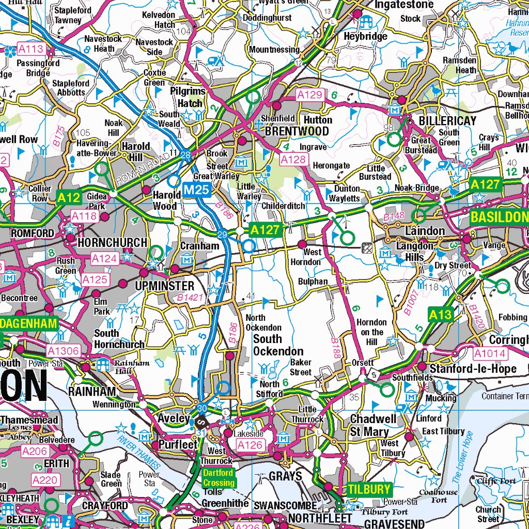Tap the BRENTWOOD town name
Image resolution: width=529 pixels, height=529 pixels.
coord(297,131)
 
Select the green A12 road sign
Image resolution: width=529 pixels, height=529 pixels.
coord(69,197)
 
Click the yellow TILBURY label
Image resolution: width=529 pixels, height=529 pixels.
coord(369,489)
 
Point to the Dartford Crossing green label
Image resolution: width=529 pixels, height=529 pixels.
coord(218,478)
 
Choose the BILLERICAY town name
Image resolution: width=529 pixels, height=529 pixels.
coord(447,120)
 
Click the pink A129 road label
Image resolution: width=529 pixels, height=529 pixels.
coord(309,95)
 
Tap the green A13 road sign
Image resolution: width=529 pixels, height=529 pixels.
coord(440,315)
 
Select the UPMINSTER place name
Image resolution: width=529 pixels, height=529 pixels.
coord(164,286)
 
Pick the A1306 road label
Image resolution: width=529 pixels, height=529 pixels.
coord(63,351)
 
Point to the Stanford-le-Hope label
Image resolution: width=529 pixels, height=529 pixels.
coord(473,369)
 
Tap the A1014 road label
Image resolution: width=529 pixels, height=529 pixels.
coord(490,353)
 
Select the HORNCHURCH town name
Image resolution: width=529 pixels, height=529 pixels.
coord(112,242)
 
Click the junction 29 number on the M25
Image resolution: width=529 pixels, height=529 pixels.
coord(223,235)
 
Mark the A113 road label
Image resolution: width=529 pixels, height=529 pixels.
coord(32,50)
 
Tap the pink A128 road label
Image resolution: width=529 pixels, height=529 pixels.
coord(293,160)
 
